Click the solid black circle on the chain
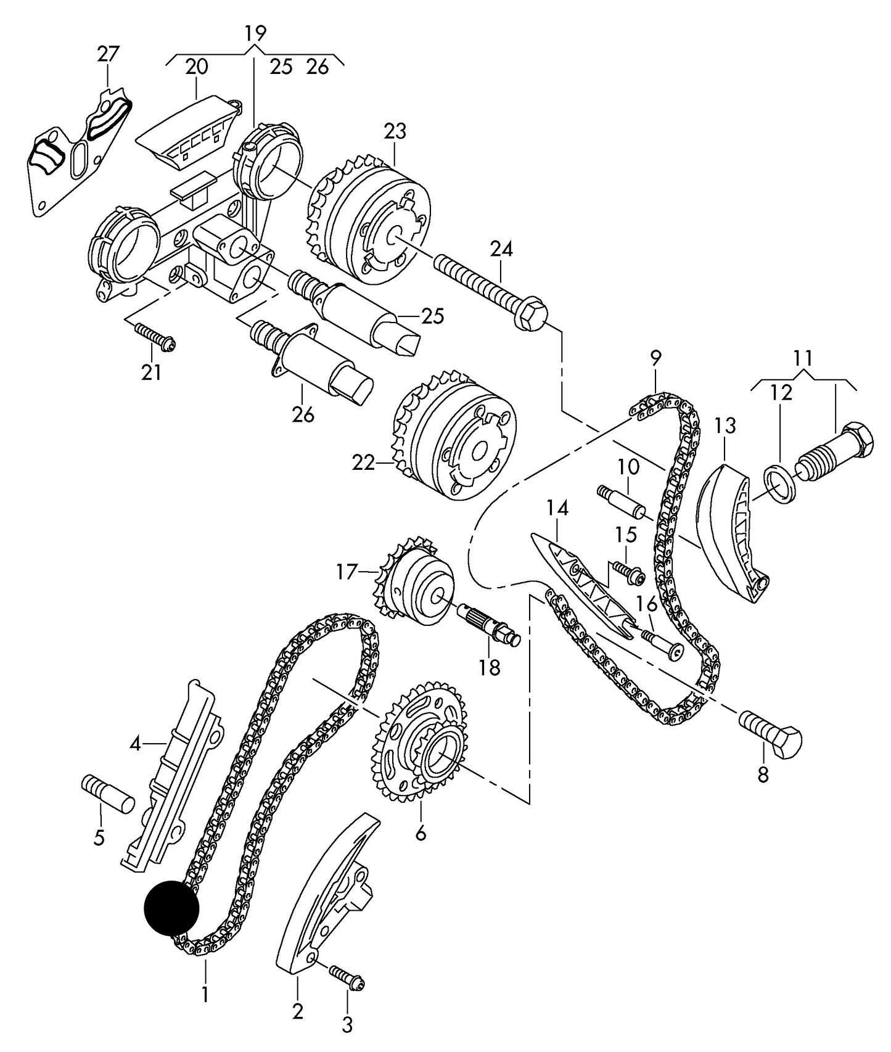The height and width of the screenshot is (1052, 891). click(171, 908)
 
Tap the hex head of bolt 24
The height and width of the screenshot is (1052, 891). click(532, 313)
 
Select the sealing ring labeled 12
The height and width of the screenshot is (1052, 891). click(781, 485)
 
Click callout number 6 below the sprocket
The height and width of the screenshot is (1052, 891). click(421, 834)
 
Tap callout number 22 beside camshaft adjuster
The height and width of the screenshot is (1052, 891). click(364, 462)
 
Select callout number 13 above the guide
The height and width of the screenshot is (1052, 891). click(726, 425)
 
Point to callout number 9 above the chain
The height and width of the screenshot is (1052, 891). click(655, 357)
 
